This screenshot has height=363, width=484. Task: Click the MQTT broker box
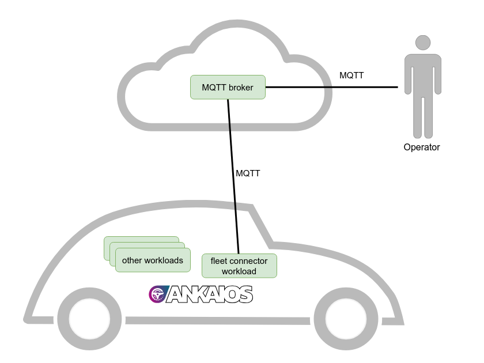pyautogui.click(x=228, y=87)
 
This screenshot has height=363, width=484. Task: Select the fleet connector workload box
pyautogui.click(x=239, y=266)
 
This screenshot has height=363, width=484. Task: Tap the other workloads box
pyautogui.click(x=152, y=260)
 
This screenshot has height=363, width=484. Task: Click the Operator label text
pyautogui.click(x=422, y=147)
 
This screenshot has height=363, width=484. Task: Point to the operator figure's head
pyautogui.click(x=423, y=43)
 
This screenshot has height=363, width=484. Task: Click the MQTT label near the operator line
pyautogui.click(x=351, y=75)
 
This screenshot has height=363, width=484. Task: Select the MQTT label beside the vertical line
pyautogui.click(x=248, y=173)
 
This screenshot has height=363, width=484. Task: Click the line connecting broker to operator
pyautogui.click(x=331, y=87)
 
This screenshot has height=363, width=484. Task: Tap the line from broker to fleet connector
pyautogui.click(x=233, y=173)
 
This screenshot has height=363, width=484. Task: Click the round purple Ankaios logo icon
pyautogui.click(x=157, y=294)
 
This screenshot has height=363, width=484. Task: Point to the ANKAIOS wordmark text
pyautogui.click(x=210, y=295)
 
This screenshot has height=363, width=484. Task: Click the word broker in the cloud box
pyautogui.click(x=241, y=88)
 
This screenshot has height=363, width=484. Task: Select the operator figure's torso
pyautogui.click(x=423, y=75)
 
